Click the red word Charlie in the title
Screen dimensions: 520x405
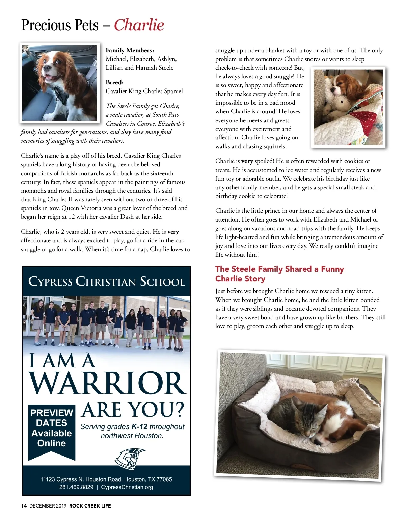139,25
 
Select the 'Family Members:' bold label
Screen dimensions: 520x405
130,50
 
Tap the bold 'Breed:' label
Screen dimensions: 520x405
114,82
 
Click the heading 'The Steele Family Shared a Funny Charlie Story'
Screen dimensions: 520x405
279,274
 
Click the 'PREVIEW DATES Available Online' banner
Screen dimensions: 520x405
52,428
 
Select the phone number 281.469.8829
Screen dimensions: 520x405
76,487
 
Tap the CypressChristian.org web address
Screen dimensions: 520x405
127,487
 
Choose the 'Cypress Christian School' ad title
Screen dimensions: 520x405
106,281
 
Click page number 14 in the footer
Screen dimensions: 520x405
24,506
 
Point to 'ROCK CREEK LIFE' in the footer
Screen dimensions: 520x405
90,506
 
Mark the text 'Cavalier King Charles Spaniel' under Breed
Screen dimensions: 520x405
144,91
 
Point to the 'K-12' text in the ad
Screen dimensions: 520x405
139,427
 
